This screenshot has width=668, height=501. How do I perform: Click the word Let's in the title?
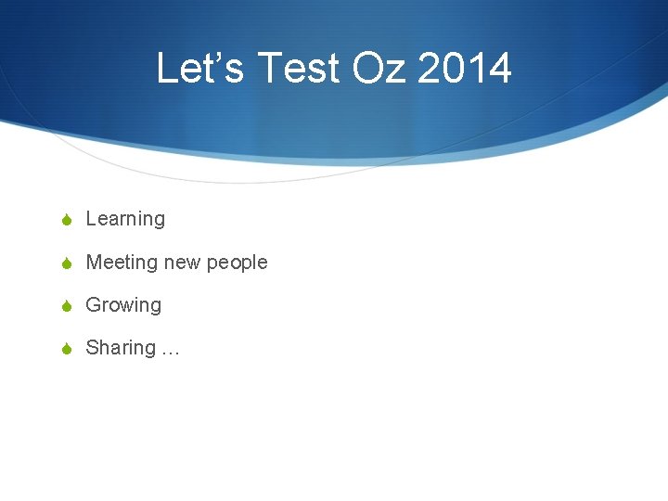click(199, 69)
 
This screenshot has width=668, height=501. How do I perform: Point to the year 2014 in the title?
click(465, 69)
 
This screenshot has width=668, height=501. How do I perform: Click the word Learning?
click(125, 220)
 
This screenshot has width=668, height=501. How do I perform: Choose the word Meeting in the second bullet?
click(122, 263)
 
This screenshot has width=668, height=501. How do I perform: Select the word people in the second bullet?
click(237, 263)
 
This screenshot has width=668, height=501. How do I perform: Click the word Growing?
click(123, 305)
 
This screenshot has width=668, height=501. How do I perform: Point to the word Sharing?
click(121, 348)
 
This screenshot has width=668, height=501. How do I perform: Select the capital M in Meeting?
click(94, 263)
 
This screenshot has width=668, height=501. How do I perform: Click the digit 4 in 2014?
click(500, 69)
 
